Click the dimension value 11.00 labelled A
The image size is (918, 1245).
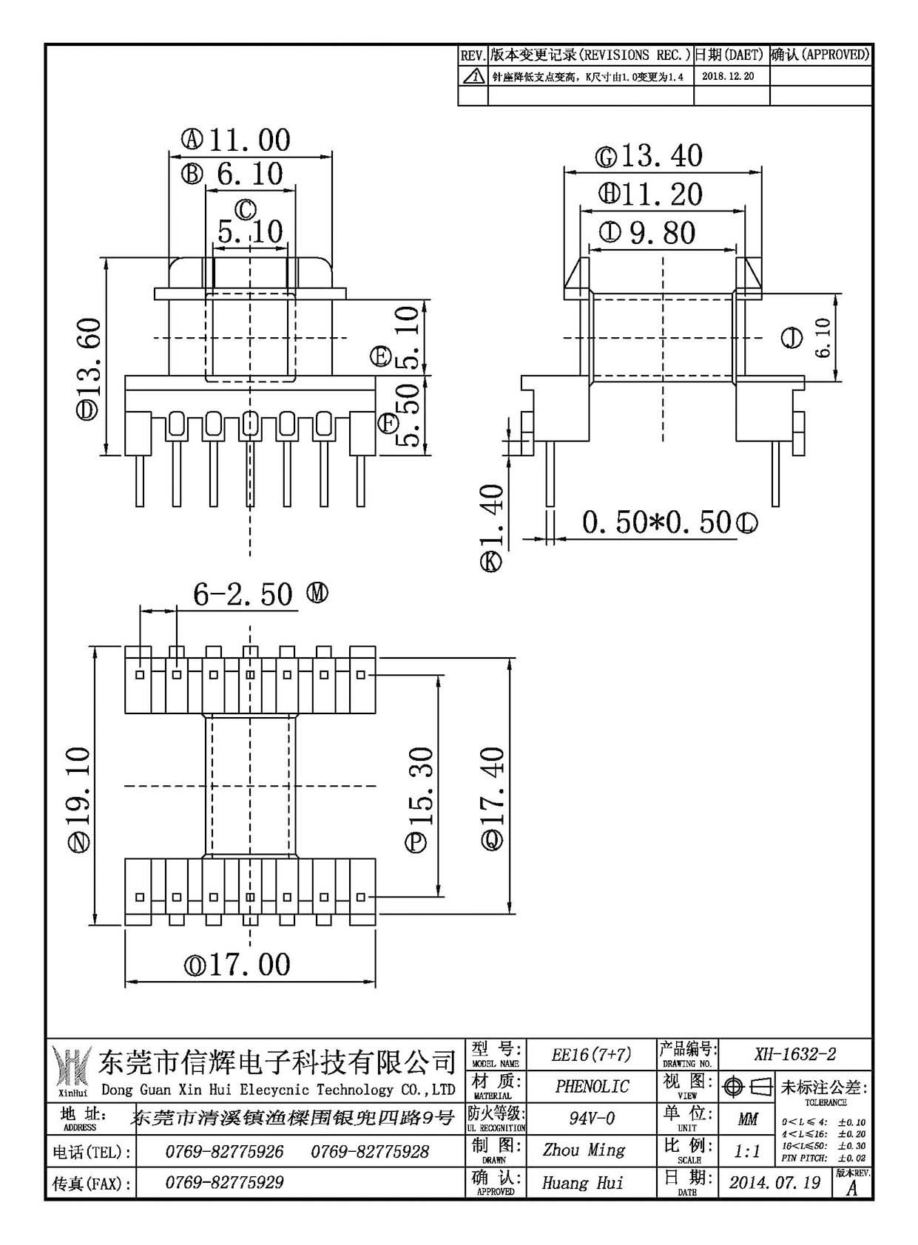249,140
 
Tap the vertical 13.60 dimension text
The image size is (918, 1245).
89,357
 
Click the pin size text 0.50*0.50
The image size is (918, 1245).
656,522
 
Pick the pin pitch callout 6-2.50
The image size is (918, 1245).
243,594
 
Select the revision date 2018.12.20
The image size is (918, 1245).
728,76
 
